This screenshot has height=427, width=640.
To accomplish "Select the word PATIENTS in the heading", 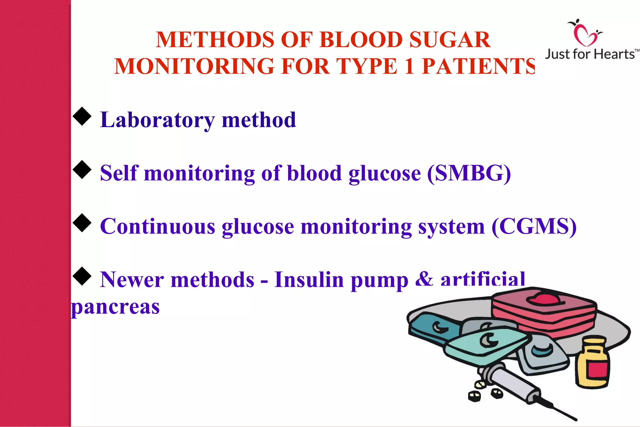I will [x=478, y=66].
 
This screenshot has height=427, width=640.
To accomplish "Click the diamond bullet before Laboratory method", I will [x=82, y=116].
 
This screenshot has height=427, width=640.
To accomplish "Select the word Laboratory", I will [x=157, y=120].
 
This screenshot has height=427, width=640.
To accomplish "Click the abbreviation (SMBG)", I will [x=469, y=173].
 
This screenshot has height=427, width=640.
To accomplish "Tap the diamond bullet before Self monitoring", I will [x=82, y=169].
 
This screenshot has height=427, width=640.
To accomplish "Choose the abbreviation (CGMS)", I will [x=534, y=226].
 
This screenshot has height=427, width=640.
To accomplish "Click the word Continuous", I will [x=157, y=226].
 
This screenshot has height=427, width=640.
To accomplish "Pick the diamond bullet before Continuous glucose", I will [x=82, y=223].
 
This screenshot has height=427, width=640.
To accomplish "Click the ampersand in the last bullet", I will [x=424, y=279].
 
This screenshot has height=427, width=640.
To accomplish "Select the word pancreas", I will [x=115, y=307].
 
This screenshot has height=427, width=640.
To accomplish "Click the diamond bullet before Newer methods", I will [x=82, y=276].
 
